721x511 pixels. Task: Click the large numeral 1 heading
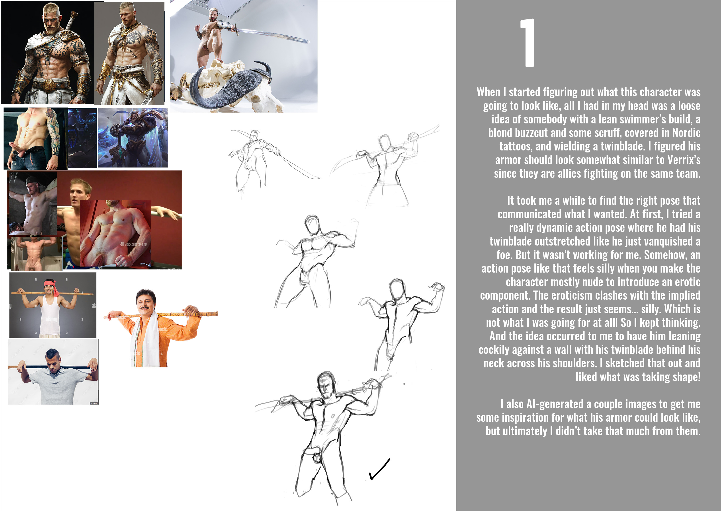528,43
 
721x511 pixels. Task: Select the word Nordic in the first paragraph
686,133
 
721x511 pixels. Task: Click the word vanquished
667,241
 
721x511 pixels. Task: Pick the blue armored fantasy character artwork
133,138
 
